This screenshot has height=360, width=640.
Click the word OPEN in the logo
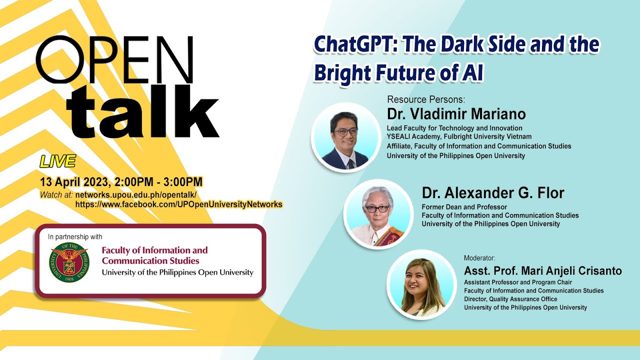pyautogui.click(x=115, y=59)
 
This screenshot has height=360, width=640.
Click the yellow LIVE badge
pyautogui.click(x=57, y=161)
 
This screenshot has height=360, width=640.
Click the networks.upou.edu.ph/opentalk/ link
pyautogui.click(x=136, y=195)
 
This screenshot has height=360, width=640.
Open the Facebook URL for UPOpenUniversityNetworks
pyautogui.click(x=179, y=204)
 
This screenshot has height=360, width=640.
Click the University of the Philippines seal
pyautogui.click(x=69, y=262)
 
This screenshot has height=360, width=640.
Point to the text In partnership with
pyautogui.click(x=75, y=237)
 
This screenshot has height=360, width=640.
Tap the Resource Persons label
pyautogui.click(x=426, y=99)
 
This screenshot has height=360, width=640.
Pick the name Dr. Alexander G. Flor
pyautogui.click(x=493, y=193)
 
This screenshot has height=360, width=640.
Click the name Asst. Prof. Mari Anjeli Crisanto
pyautogui.click(x=543, y=271)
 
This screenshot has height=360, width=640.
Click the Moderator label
pyautogui.click(x=479, y=258)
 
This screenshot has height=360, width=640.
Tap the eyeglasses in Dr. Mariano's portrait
pyautogui.click(x=345, y=132)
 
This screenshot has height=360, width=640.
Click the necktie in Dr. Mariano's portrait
pyautogui.click(x=351, y=163)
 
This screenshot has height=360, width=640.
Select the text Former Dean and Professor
pyautogui.click(x=464, y=207)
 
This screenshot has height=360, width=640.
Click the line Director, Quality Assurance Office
pyautogui.click(x=510, y=299)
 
